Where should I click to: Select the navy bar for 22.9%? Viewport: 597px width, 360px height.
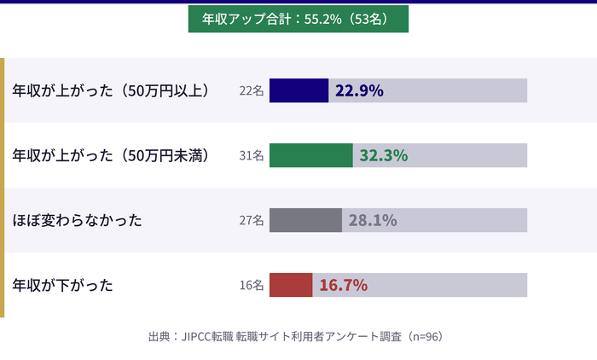(298, 90)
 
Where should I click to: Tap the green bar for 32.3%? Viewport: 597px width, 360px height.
(310, 155)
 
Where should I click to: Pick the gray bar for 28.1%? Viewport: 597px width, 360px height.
(305, 220)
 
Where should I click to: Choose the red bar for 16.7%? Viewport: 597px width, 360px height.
(291, 285)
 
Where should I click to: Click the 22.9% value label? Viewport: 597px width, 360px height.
(359, 90)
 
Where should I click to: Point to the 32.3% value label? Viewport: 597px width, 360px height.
(383, 155)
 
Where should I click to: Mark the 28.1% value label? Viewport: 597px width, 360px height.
(372, 220)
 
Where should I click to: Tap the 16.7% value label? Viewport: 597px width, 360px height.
(343, 285)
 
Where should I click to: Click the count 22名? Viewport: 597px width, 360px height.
(252, 90)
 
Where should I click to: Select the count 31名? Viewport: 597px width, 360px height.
(252, 155)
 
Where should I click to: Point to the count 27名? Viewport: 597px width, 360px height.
(252, 220)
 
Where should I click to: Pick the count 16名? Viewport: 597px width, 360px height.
(252, 285)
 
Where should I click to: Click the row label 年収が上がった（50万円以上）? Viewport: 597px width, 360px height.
(111, 90)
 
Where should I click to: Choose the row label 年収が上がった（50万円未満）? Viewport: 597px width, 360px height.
(111, 155)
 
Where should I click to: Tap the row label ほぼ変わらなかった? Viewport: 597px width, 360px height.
(77, 220)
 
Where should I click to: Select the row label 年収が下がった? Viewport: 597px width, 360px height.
(63, 285)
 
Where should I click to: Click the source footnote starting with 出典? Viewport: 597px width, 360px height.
(295, 337)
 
